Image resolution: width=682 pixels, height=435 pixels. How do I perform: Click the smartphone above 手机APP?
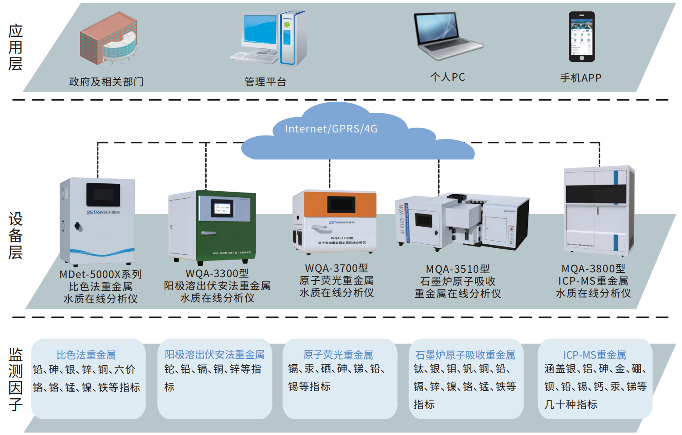pos(581,37)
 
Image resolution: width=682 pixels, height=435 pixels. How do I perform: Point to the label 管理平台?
pos(265,82)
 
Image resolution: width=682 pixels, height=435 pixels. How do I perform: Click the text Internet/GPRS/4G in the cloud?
pos(331,129)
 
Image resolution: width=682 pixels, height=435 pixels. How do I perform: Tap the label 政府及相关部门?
pos(106,82)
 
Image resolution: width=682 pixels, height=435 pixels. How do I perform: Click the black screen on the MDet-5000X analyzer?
pos(103,194)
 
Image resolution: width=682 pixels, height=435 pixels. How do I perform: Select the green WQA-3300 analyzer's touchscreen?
pos(222,208)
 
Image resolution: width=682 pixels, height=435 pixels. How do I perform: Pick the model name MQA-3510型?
pos(458,269)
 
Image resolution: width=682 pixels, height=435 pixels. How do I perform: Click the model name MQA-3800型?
pos(593,268)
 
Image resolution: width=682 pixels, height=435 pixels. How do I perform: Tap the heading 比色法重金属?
pos(86,355)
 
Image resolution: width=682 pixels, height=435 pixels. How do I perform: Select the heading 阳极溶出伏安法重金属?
pos(215,354)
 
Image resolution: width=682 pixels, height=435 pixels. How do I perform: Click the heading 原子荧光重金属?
pos(338,354)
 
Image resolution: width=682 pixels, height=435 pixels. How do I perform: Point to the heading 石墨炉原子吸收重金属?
pos(465,354)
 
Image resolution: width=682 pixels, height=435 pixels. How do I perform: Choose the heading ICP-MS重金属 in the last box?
pos(594,354)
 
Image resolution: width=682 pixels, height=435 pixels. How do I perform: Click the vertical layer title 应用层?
pos(15,47)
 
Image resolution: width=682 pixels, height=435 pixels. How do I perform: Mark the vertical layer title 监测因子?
pos(15,379)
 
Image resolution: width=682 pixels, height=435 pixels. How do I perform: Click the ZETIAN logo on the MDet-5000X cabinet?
pos(103,212)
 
